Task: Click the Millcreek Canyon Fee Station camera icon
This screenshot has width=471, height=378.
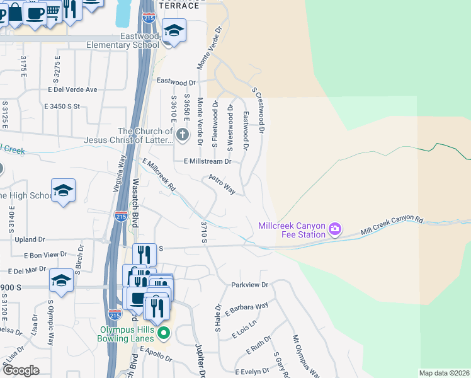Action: coord(335,228)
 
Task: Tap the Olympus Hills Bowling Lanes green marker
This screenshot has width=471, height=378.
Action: coord(164,333)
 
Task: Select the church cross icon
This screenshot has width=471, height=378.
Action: coord(182,134)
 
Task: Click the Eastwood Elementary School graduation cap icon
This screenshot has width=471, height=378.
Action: coord(174,29)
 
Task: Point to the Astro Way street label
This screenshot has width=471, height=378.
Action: coord(222,185)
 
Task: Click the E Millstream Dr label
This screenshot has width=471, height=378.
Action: coord(208,161)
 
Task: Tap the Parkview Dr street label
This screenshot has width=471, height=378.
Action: coord(249,285)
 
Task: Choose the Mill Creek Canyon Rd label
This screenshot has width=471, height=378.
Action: coord(392,227)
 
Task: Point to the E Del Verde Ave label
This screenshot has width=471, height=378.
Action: coord(72,89)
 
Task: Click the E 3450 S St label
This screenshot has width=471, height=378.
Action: coord(62,106)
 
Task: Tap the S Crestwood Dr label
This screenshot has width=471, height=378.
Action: coord(258,110)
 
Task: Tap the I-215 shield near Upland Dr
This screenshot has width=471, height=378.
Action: coord(122,216)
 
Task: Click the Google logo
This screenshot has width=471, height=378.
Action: coord(21,370)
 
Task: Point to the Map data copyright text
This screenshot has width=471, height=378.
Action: coord(445,373)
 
